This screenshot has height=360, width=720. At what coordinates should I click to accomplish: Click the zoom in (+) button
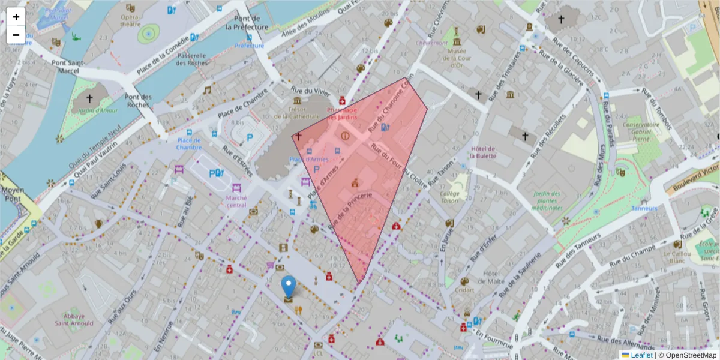point(16,17)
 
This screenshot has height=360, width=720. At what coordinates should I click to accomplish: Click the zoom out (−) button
point(16,35)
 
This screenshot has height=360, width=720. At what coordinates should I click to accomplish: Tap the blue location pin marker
point(289,287)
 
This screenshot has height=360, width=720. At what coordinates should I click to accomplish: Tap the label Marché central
point(236,201)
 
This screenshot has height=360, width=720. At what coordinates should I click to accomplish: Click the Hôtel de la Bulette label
point(484,152)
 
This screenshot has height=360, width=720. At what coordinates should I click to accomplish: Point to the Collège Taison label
point(449,197)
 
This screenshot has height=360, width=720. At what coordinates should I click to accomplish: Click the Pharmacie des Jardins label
point(342,113)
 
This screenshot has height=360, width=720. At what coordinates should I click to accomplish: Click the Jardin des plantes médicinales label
point(546,200)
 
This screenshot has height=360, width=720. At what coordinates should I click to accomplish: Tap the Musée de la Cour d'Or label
point(458,58)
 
